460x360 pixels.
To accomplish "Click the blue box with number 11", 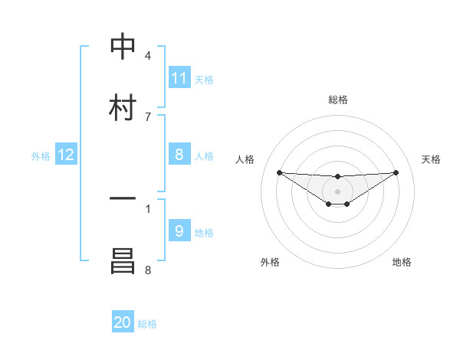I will [179, 78].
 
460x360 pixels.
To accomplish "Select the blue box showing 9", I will [179, 231].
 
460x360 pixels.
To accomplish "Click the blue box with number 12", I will [66, 155].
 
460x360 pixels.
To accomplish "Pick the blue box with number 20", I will [123, 322].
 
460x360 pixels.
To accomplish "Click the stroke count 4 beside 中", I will [147, 56].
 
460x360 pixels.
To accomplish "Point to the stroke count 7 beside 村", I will [147, 116].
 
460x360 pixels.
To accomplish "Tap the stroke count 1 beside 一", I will [147, 208].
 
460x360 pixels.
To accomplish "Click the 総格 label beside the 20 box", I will [147, 324].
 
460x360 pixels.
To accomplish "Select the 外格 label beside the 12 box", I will [41, 156].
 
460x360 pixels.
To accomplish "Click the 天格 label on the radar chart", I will [431, 159].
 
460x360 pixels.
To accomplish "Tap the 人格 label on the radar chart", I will [245, 159].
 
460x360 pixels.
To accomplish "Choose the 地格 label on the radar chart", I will [402, 262].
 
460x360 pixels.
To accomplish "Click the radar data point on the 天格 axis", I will [396, 172].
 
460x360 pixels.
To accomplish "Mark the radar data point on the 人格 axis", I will [279, 172].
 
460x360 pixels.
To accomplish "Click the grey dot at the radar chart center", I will [338, 191].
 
